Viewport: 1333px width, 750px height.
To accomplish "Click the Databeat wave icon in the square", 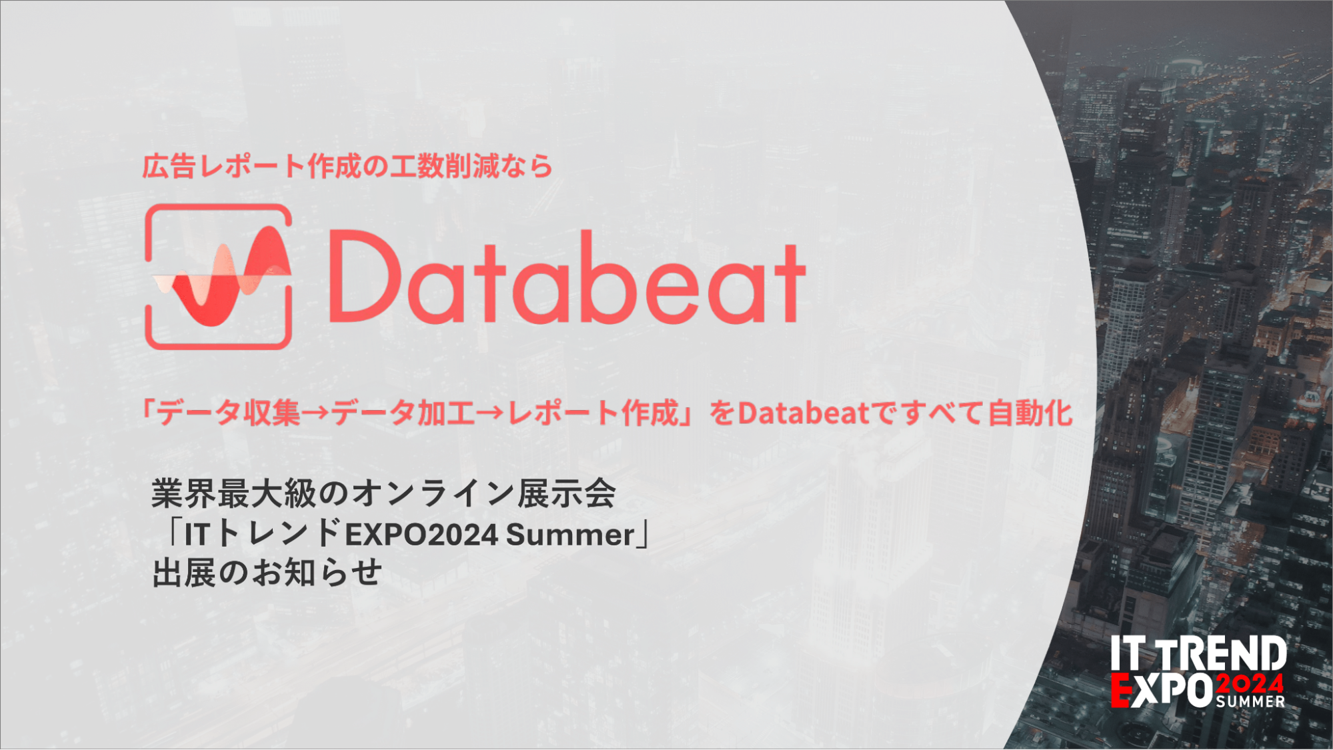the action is [x=219, y=276].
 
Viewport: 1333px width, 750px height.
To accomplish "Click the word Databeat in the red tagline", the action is [x=804, y=413].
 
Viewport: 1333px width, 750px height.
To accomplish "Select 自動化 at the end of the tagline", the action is [x=1030, y=413].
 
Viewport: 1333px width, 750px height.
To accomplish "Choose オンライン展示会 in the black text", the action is [x=484, y=493].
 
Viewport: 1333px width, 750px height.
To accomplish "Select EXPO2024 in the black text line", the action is [x=421, y=535].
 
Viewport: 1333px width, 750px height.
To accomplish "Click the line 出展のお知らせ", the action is [x=267, y=573].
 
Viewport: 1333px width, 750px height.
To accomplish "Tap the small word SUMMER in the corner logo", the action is [x=1250, y=701].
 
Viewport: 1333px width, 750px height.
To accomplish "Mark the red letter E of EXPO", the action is [x=1121, y=689].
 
